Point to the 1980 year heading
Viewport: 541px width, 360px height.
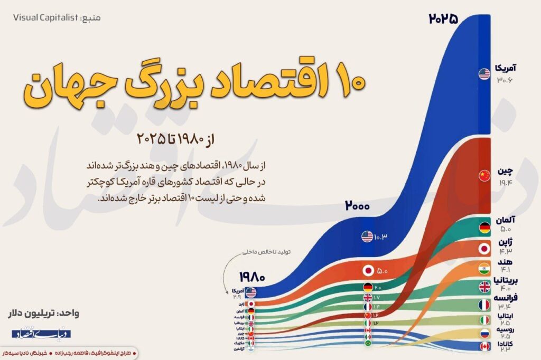[251, 276]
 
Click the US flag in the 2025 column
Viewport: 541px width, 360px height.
[484, 74]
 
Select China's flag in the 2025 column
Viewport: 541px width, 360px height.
[484, 176]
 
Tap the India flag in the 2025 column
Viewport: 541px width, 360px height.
[484, 268]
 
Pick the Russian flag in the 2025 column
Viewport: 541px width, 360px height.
[484, 334]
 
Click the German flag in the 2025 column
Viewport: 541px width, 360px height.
[484, 228]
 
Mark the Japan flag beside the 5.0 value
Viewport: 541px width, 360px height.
[368, 271]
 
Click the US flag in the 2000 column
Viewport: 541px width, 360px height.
[367, 236]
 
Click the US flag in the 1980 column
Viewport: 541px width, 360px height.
[250, 292]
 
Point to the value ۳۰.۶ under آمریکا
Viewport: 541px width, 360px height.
[505, 80]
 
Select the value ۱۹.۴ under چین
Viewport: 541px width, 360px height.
[505, 182]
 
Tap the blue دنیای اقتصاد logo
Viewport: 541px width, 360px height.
[42, 334]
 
